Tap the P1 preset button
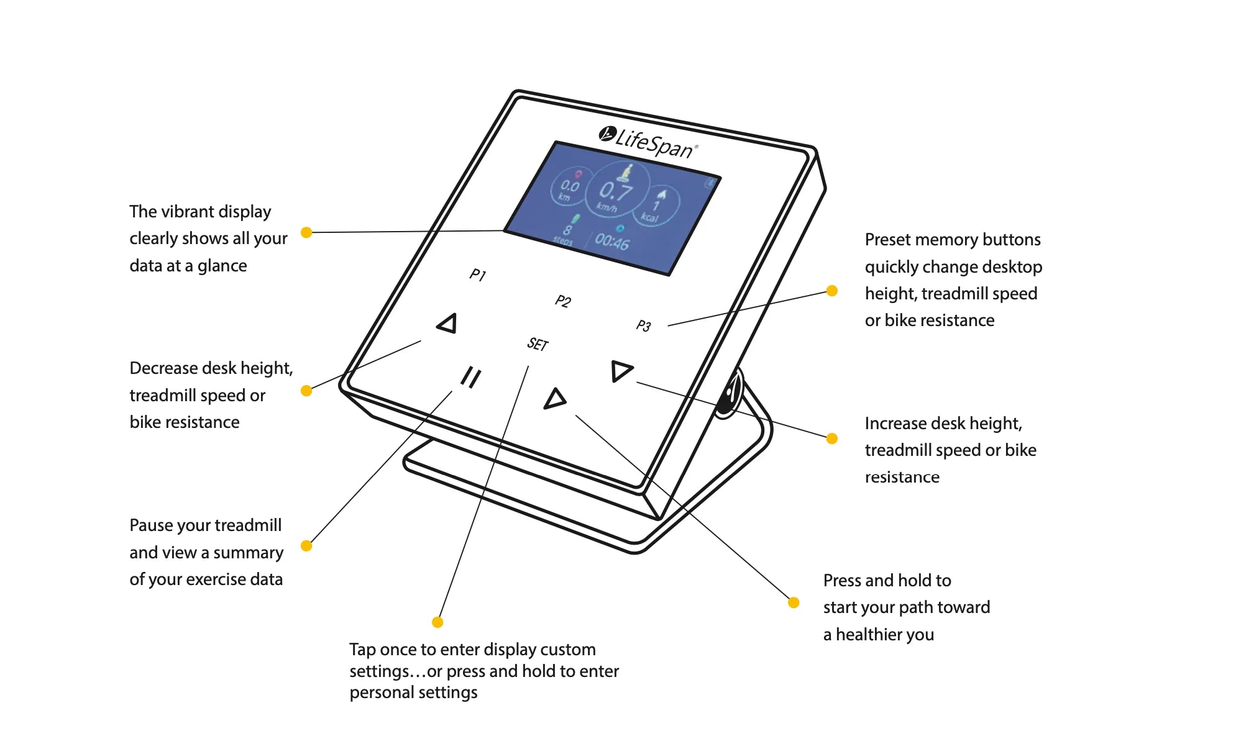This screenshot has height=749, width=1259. click(477, 275)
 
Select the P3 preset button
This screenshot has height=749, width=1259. click(643, 325)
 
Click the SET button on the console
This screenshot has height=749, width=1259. click(538, 344)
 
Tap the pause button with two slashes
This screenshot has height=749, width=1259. click(470, 377)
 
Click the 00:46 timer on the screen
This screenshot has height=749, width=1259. click(612, 241)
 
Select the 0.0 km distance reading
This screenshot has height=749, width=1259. click(569, 188)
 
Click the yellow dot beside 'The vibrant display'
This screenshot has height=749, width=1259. click(306, 232)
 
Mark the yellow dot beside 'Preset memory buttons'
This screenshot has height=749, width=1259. click(832, 291)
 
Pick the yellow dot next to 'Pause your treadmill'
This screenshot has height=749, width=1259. click(306, 546)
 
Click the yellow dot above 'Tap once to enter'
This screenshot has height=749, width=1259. click(437, 622)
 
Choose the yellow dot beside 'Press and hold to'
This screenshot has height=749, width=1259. click(794, 602)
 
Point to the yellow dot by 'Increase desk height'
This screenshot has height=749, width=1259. click(832, 438)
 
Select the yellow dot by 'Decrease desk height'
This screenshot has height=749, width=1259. click(306, 391)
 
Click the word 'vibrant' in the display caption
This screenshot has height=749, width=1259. click(191, 212)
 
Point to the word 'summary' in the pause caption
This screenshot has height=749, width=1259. click(249, 553)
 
